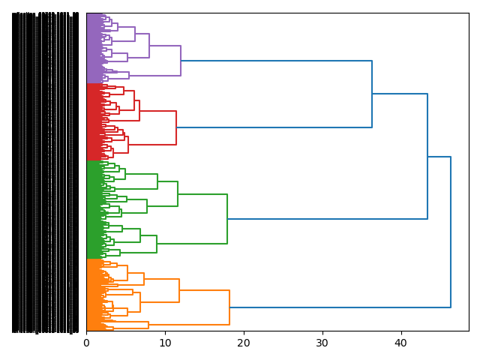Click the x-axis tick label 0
pyautogui.click(x=86, y=343)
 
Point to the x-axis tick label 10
pyautogui.click(x=165, y=343)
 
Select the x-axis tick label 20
pyautogui.click(x=244, y=343)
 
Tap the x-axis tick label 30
pyautogui.click(x=322, y=343)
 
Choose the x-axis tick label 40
pyautogui.click(x=401, y=343)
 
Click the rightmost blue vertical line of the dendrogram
pyautogui.click(x=451, y=232)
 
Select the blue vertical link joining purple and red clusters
pyautogui.click(x=372, y=94)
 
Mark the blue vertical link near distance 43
pyautogui.click(x=427, y=156)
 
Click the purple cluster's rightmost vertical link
pyautogui.click(x=181, y=61)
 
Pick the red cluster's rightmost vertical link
pyautogui.click(x=176, y=127)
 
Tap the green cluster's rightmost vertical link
pyautogui.click(x=227, y=219)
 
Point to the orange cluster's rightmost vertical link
pyautogui.click(x=229, y=307)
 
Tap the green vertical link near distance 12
pyautogui.click(x=178, y=193)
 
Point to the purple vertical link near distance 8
pyautogui.click(x=149, y=46)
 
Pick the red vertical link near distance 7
pyautogui.click(x=139, y=110)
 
